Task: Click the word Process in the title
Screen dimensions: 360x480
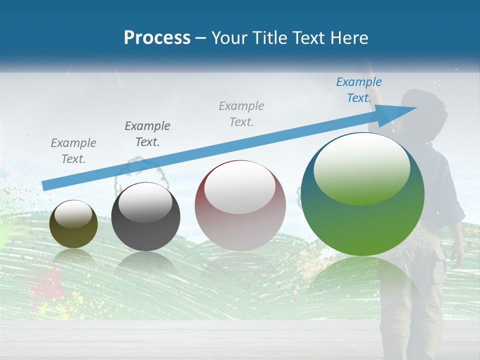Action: [x=157, y=38]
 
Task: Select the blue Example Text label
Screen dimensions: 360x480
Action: [x=358, y=90]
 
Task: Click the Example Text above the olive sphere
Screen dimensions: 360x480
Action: [x=73, y=151]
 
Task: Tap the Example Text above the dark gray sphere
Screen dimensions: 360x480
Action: [x=147, y=134]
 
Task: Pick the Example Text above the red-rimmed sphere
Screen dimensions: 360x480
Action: [x=241, y=113]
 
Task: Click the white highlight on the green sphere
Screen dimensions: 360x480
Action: [x=361, y=167]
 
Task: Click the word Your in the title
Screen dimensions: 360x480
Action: [x=229, y=38]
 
